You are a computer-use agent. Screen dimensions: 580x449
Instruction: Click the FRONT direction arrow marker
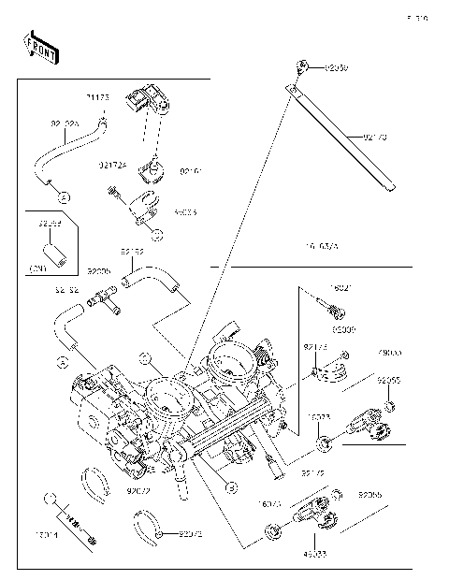click(x=35, y=45)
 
